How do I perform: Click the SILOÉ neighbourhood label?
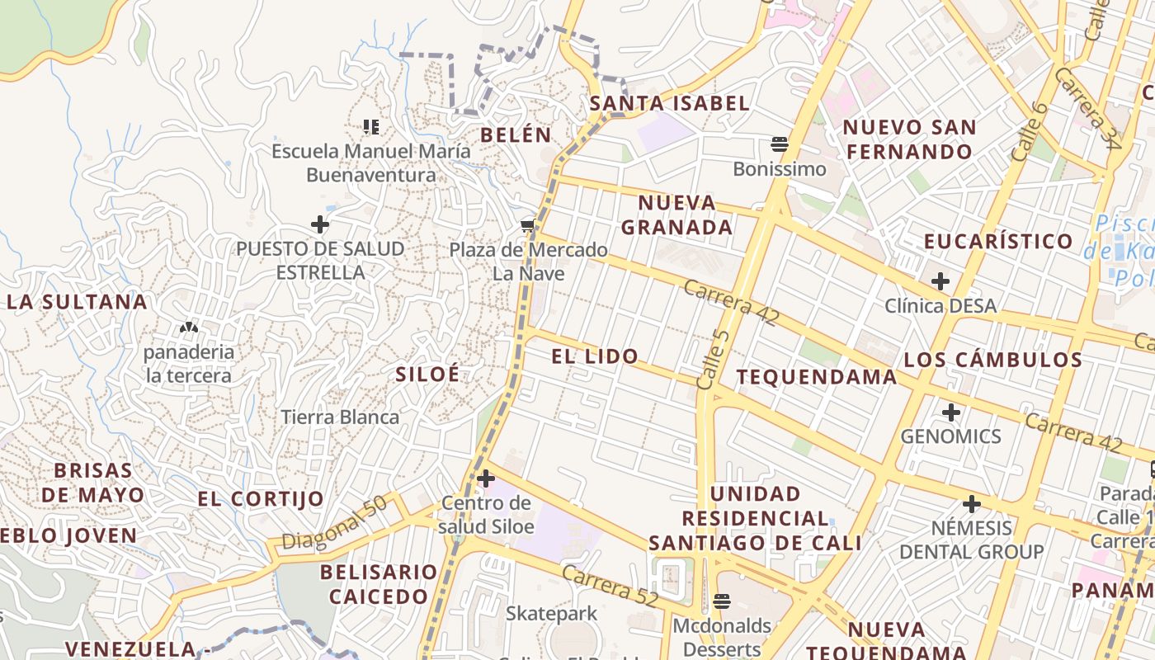pos(427,374)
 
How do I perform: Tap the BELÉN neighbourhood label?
pos(516,134)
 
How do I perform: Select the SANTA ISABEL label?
pos(670,103)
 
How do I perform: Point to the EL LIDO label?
pos(595,356)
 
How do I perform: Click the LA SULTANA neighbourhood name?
pos(78,302)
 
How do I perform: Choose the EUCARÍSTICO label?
pos(998,242)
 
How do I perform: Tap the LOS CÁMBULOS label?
pos(993,360)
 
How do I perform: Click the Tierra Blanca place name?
pos(341,417)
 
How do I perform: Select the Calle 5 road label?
pos(712,354)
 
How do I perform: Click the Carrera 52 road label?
pos(610,585)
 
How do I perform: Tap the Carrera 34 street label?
pos(1087,108)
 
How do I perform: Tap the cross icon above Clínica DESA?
pos(940,281)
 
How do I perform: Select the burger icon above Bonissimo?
pos(780,145)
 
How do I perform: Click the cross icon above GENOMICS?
pos(951,412)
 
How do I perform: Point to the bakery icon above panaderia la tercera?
pos(189,328)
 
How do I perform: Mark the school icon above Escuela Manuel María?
pos(371,127)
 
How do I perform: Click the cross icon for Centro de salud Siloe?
pos(486,478)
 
